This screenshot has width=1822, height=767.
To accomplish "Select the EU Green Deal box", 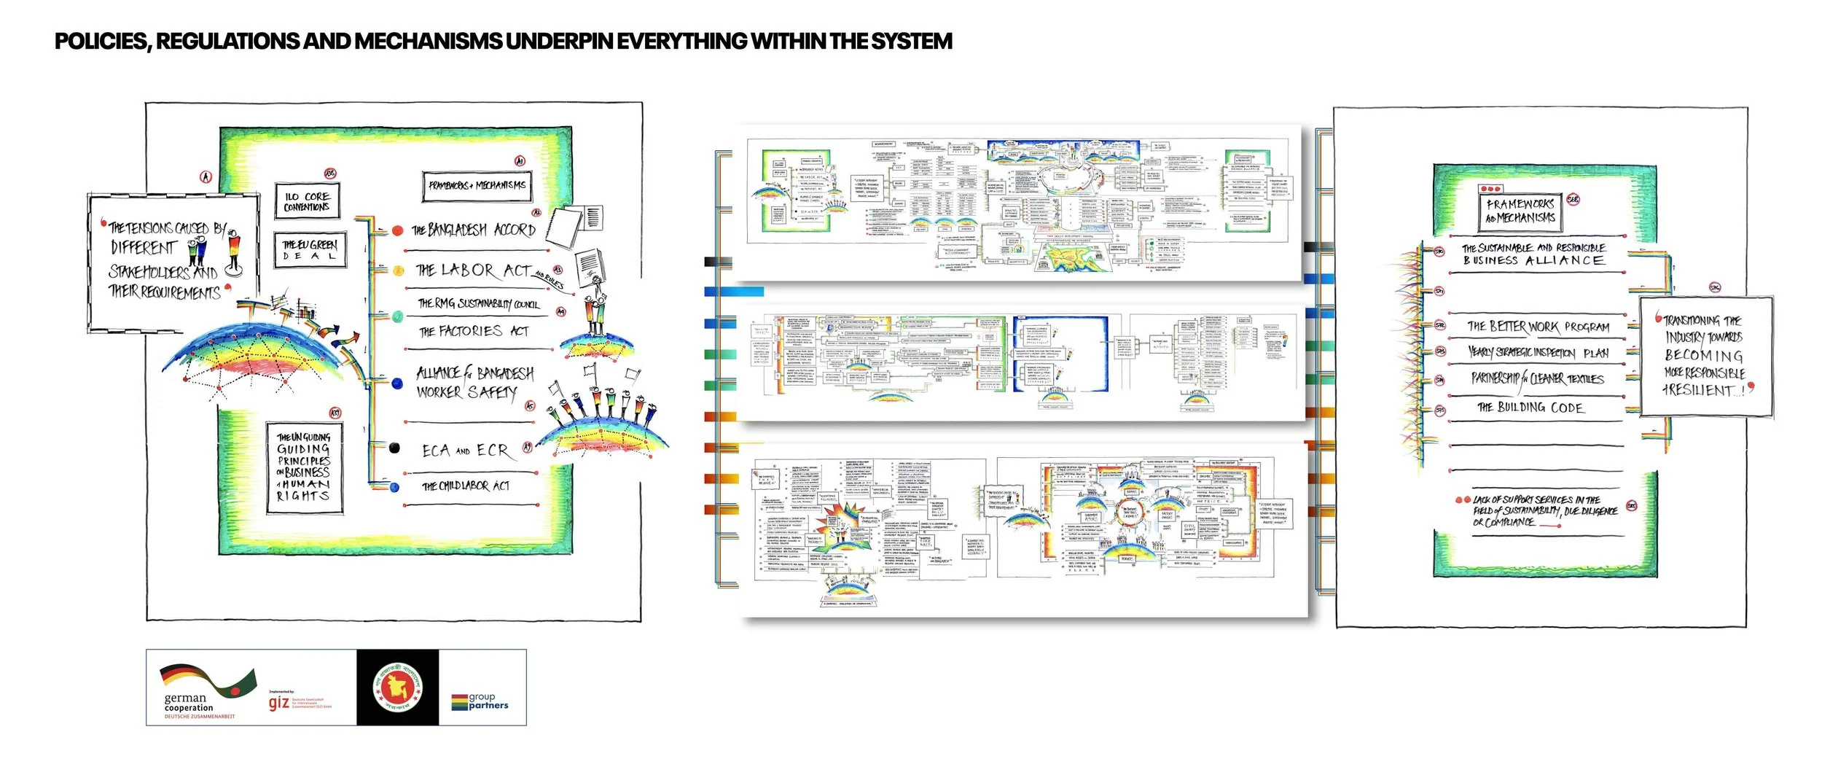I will pyautogui.click(x=310, y=250).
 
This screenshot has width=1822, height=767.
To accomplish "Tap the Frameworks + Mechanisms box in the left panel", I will pyautogui.click(x=477, y=186).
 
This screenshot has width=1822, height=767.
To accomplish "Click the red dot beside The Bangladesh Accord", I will pyautogui.click(x=397, y=230).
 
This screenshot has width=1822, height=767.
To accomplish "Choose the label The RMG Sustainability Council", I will pyautogui.click(x=478, y=304).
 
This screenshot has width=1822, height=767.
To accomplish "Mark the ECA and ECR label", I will pyautogui.click(x=465, y=451).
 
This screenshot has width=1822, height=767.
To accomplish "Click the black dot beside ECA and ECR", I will pyautogui.click(x=394, y=448).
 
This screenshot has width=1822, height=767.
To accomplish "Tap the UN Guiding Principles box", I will pyautogui.click(x=304, y=467).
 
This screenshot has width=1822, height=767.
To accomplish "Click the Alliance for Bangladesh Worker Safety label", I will pyautogui.click(x=474, y=383).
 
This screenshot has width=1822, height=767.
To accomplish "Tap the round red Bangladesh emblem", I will pyautogui.click(x=397, y=688).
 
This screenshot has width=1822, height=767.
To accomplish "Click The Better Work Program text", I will pyautogui.click(x=1538, y=327).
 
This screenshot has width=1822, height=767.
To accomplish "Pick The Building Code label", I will pyautogui.click(x=1530, y=408).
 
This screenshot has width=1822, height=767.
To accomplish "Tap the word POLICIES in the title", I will pyautogui.click(x=102, y=42).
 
